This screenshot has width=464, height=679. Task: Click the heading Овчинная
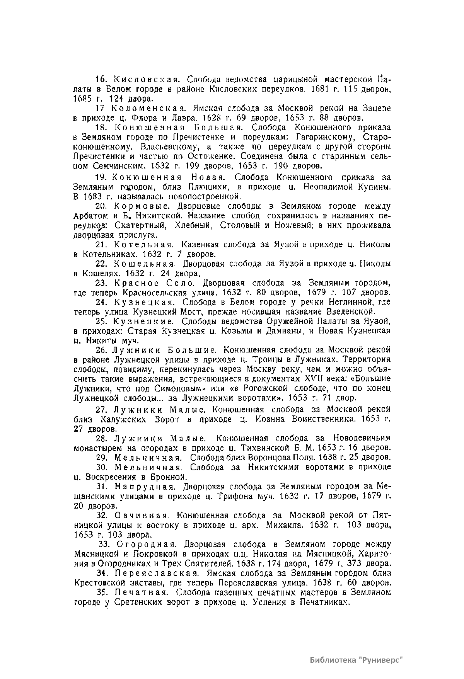(140, 516)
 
